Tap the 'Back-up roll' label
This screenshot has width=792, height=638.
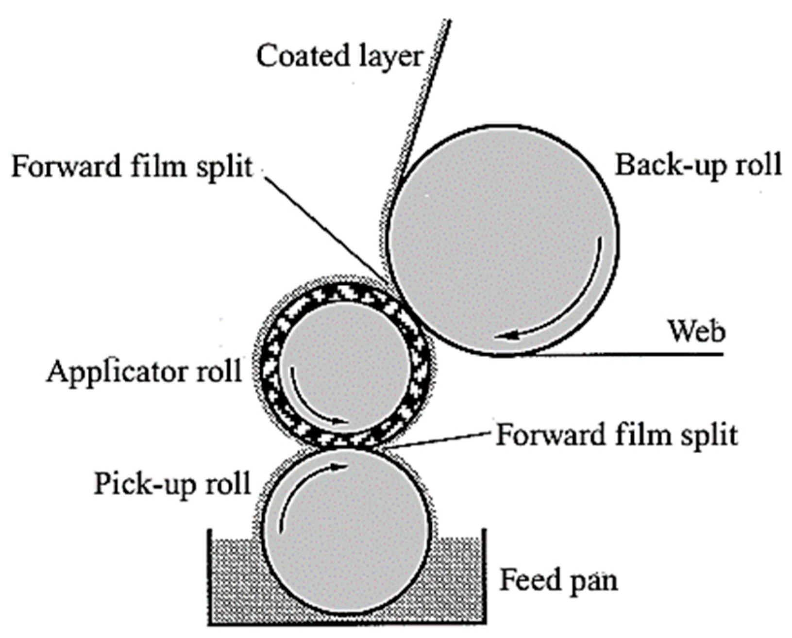[x=698, y=165]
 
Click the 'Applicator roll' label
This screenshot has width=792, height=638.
[x=144, y=372]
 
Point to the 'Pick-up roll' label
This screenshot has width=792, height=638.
[x=172, y=483]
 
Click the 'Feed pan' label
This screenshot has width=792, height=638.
[x=558, y=580]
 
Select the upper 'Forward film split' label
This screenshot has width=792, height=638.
[x=132, y=166]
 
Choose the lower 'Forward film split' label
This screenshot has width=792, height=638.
[x=616, y=434]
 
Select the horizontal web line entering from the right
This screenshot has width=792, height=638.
[x=631, y=355]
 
